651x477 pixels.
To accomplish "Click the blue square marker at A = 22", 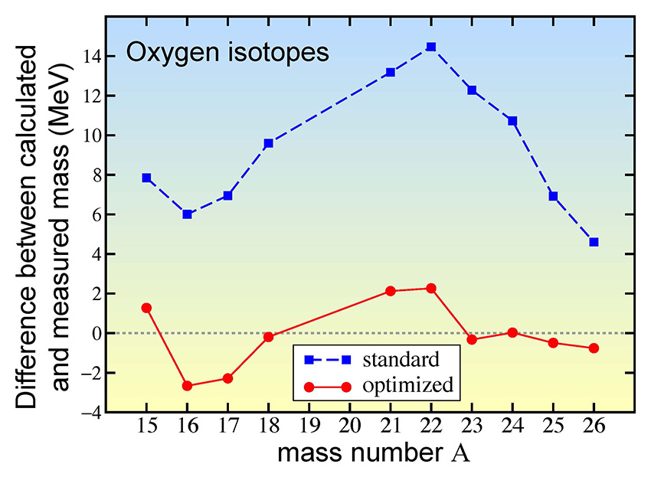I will click(431, 47).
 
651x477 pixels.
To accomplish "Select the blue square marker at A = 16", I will click(187, 214).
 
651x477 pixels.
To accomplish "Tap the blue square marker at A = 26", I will click(594, 242).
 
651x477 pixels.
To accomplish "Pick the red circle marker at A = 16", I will click(187, 386).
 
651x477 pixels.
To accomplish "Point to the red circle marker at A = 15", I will click(146, 308).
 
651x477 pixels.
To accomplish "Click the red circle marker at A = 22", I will click(431, 289).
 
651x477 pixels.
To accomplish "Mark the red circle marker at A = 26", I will click(594, 348).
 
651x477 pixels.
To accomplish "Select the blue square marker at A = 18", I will click(269, 143).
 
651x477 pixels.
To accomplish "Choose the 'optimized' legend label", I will click(407, 385).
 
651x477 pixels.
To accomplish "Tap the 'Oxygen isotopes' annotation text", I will click(227, 54).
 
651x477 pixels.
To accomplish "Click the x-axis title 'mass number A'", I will click(373, 453).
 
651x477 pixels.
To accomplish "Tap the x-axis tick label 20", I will click(350, 426).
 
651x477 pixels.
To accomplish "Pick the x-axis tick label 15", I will click(146, 426).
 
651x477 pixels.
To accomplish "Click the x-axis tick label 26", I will click(594, 426).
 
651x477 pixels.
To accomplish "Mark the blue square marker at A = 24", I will click(512, 121).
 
